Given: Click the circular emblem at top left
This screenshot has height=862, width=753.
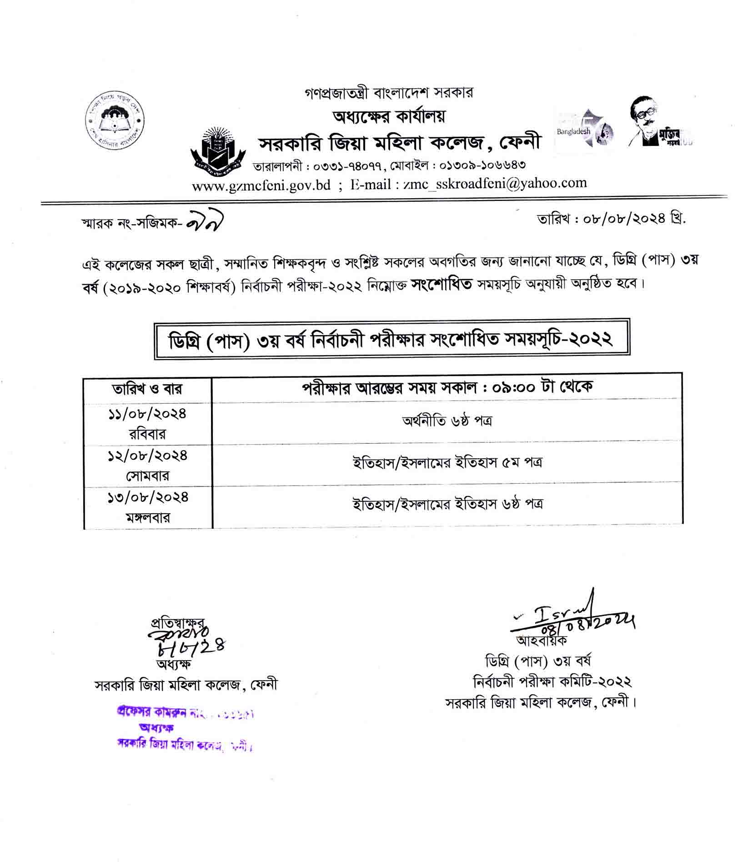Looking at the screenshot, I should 115,121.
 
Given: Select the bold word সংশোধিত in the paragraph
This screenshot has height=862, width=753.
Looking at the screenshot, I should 442,285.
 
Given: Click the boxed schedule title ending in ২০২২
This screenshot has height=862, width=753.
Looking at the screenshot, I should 392,340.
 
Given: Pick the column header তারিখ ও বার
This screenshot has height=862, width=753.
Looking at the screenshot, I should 147,389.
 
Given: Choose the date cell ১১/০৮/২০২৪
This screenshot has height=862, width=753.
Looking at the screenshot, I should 147,414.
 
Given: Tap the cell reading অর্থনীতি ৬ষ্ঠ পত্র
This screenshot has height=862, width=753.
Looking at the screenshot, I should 447,421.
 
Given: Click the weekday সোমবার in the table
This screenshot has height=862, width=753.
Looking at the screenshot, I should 147,476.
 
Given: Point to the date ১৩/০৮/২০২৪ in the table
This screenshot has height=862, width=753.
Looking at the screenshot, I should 147,497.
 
